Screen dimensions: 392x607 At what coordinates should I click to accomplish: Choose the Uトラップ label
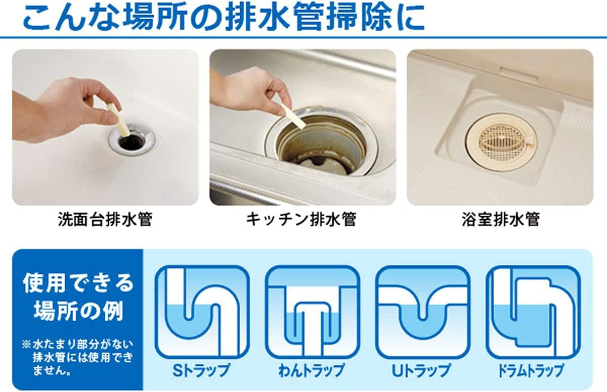pyautogui.click(x=421, y=370)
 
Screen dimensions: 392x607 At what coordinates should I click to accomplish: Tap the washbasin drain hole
pyautogui.click(x=131, y=142)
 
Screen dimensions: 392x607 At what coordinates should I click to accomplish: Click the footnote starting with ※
pyautogui.click(x=78, y=358)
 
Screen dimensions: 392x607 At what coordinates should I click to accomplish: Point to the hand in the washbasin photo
pyautogui.click(x=71, y=111)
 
